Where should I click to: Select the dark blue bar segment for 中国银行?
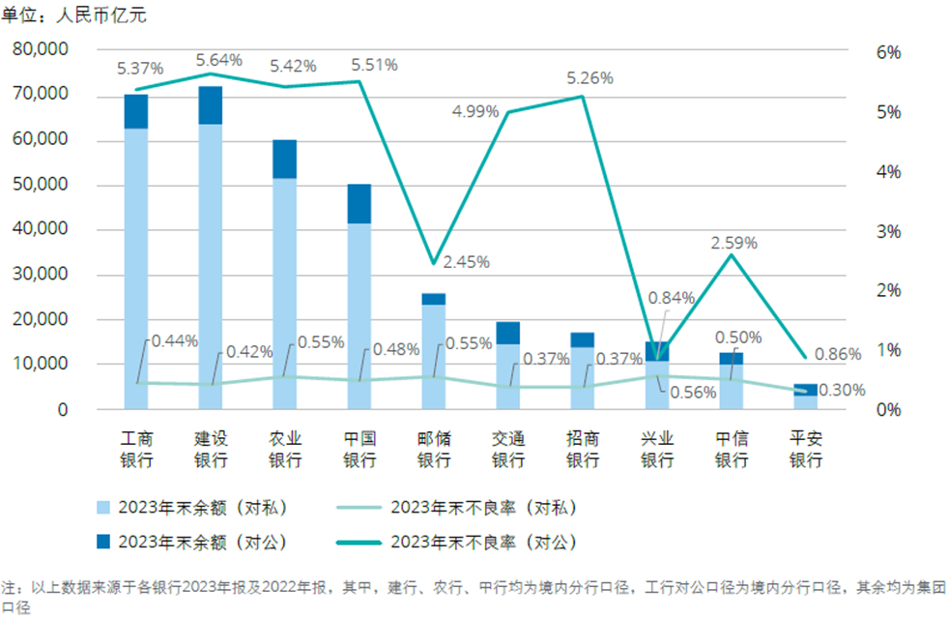click(359, 203)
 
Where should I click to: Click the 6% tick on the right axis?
click(887, 52)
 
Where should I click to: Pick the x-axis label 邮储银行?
click(434, 449)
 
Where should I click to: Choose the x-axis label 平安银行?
click(805, 449)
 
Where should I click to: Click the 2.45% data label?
click(467, 261)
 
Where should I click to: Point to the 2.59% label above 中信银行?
click(734, 242)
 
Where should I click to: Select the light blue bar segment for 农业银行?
click(285, 293)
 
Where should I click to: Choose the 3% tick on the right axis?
click(887, 231)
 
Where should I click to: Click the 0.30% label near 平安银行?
click(841, 390)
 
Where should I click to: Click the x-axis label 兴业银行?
click(657, 449)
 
